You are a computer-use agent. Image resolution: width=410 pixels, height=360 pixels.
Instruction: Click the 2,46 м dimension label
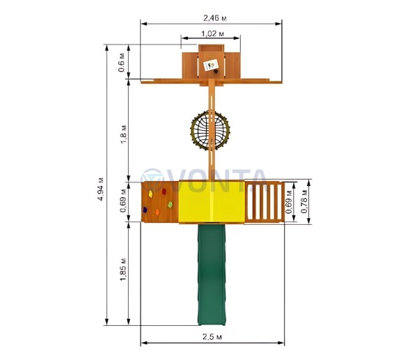click(214, 18)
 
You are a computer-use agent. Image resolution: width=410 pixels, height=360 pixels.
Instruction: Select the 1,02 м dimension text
click(212, 33)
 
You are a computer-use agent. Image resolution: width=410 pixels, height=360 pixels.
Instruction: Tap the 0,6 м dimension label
click(123, 62)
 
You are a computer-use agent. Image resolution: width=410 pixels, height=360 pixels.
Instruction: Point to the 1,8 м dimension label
click(123, 134)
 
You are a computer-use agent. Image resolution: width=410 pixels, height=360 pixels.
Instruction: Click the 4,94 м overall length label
click(100, 189)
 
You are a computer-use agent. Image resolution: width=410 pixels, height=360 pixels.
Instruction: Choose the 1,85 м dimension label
click(123, 269)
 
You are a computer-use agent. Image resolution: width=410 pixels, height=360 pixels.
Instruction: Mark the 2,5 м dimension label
click(212, 336)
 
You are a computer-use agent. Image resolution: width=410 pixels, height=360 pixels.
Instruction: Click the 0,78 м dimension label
click(303, 201)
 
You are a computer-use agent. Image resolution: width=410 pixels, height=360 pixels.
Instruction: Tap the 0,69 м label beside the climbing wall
click(123, 201)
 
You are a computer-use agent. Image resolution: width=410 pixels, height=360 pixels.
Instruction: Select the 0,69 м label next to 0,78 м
click(289, 202)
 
